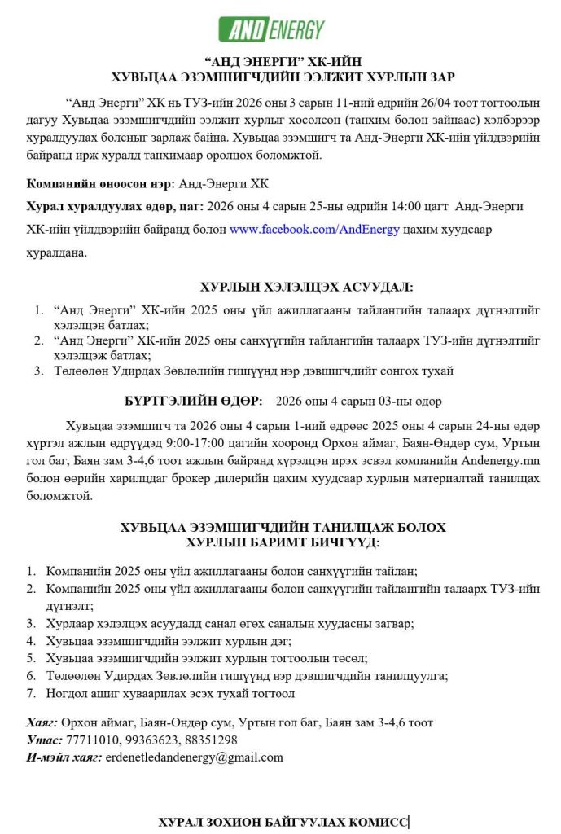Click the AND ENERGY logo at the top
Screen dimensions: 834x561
[272, 30]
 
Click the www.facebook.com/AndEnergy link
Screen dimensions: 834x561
[314, 230]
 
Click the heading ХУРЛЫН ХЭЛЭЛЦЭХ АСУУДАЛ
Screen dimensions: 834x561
[306, 287]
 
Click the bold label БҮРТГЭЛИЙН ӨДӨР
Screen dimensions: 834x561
[193, 402]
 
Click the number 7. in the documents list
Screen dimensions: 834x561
[32, 694]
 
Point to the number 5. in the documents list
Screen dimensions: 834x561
[32, 658]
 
